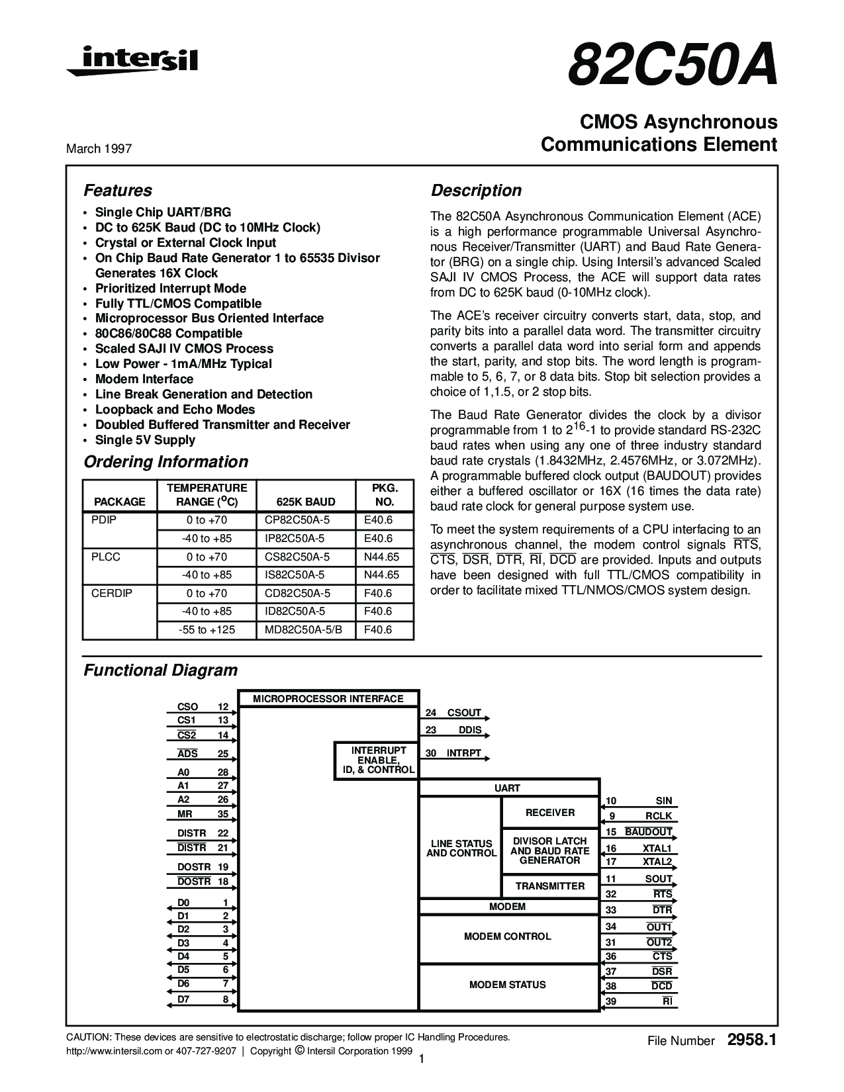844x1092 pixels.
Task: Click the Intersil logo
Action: (x=132, y=61)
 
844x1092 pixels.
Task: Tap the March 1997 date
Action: (x=99, y=149)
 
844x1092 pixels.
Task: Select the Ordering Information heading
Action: (x=165, y=462)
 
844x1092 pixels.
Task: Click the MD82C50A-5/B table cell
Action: (x=304, y=630)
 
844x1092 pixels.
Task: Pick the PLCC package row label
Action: (x=105, y=557)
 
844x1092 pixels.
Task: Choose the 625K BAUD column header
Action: (x=306, y=502)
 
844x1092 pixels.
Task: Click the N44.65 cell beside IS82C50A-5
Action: (x=382, y=575)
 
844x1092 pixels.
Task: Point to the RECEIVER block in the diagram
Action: (x=550, y=813)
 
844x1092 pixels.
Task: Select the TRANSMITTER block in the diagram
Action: (x=550, y=886)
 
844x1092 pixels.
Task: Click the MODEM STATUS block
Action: (x=508, y=985)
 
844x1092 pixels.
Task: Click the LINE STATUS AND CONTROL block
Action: (x=461, y=848)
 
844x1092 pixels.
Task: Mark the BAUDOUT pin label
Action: (x=649, y=832)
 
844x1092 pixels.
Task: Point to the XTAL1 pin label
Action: (x=657, y=848)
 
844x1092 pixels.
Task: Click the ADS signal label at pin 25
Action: (x=187, y=754)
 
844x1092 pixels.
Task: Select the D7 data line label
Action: (x=183, y=999)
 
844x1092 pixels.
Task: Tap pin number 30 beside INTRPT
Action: (x=432, y=754)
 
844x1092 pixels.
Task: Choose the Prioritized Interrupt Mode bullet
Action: (x=171, y=289)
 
